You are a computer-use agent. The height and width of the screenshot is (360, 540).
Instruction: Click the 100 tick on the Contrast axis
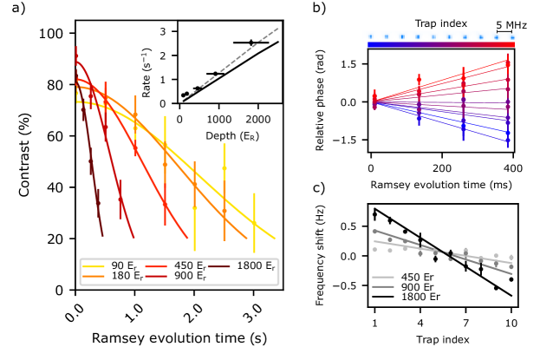pyautogui.click(x=55, y=34)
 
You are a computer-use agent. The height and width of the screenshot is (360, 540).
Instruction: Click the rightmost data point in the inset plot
pyautogui.click(x=251, y=43)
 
